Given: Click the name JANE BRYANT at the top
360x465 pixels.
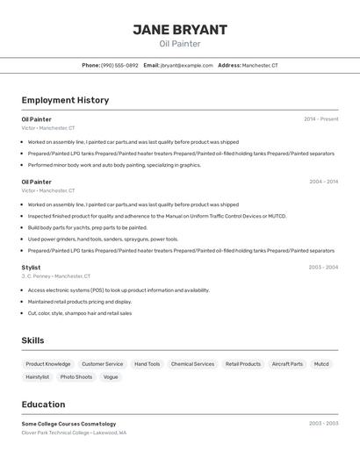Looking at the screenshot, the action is click(180, 29).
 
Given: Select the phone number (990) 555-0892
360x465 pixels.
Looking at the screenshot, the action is click(119, 65).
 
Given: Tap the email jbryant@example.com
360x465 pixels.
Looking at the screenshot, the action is click(186, 65).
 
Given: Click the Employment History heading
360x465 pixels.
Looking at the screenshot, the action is click(65, 100).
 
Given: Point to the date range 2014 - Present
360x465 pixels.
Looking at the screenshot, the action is click(320, 118).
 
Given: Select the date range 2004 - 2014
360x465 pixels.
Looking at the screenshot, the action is click(323, 182).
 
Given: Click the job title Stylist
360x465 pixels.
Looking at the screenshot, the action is click(31, 267).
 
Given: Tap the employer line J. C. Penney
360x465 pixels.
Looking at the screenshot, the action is click(56, 276).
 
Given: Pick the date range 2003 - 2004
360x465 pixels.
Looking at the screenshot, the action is click(323, 267).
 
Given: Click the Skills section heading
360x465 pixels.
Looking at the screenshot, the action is click(32, 340).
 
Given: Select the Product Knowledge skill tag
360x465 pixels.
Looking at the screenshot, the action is click(48, 364).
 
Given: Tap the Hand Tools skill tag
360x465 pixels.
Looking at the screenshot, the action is click(147, 364).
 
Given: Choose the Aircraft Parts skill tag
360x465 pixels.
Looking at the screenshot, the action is click(287, 364).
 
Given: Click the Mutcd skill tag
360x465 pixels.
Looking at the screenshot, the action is click(321, 364).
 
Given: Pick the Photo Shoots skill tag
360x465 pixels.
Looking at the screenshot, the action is click(76, 377).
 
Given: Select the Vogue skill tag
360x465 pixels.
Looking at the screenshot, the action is click(111, 377).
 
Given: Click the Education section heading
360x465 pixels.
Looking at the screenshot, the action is click(43, 404).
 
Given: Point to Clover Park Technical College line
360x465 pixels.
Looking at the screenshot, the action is click(74, 433).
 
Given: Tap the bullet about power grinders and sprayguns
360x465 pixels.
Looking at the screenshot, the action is click(103, 239).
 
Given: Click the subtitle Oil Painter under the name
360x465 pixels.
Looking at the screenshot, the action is click(180, 44).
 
